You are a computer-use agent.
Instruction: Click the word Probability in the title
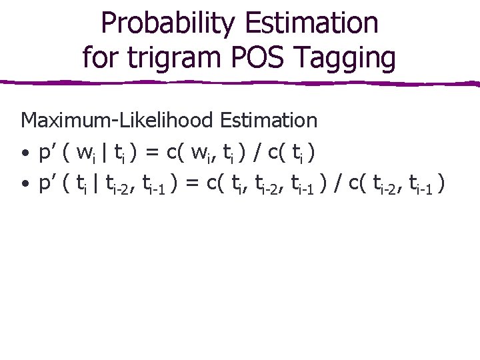pyautogui.click(x=163, y=23)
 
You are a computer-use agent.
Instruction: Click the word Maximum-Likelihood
pyautogui.click(x=118, y=121)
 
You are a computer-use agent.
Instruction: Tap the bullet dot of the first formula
pyautogui.click(x=25, y=155)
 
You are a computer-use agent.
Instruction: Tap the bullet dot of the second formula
pyautogui.click(x=25, y=185)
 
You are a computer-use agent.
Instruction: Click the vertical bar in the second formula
pyautogui.click(x=99, y=184)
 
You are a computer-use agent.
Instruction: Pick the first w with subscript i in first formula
pyautogui.click(x=85, y=154)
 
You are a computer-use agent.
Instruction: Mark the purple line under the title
pyautogui.click(x=240, y=83)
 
